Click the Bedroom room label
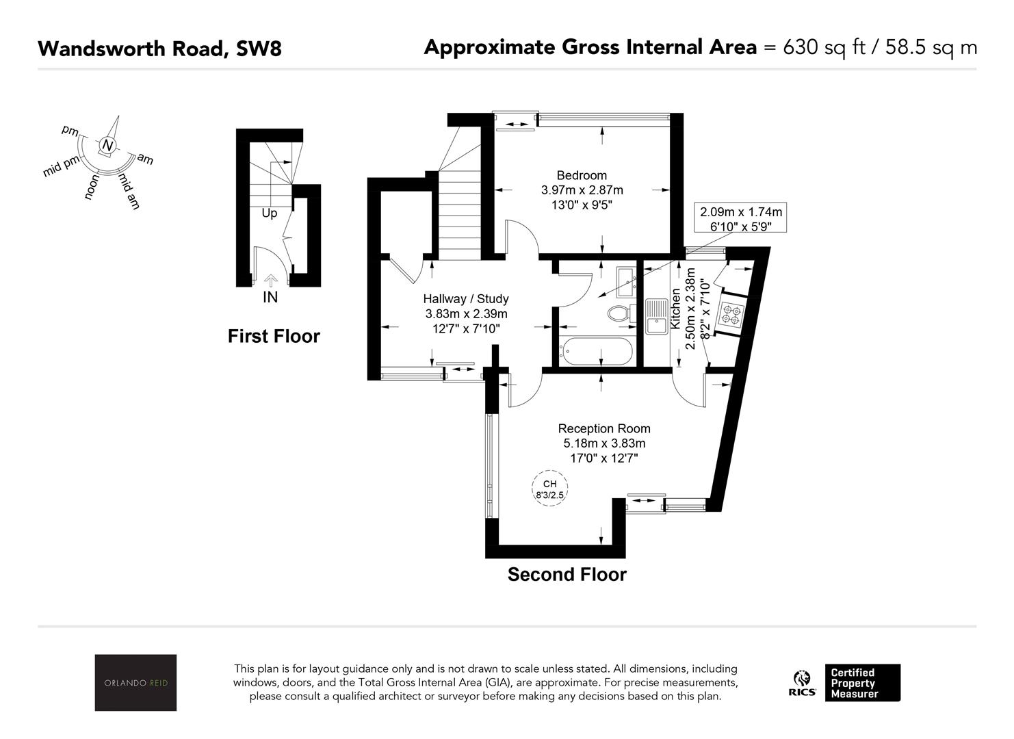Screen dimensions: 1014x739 point(582,175)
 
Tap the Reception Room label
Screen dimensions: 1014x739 point(604,428)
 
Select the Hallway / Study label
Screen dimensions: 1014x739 point(466,299)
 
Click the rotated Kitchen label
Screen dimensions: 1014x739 point(675,309)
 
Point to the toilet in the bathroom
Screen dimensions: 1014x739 point(621,313)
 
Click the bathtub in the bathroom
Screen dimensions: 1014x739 point(596,351)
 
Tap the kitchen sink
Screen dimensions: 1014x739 point(657,316)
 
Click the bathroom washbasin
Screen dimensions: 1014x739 point(626,281)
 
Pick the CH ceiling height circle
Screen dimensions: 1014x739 point(549,489)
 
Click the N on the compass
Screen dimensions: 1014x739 point(107,145)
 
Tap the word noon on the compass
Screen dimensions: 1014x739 point(92,187)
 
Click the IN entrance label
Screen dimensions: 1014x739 point(270,298)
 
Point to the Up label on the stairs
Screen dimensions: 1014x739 point(270,213)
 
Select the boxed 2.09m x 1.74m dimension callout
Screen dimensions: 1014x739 point(740,218)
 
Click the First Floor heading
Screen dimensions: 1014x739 point(274,337)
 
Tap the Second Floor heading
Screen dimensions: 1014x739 point(567,575)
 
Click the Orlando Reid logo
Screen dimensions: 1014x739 point(135,683)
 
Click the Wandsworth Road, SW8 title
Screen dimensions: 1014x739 point(160,49)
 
